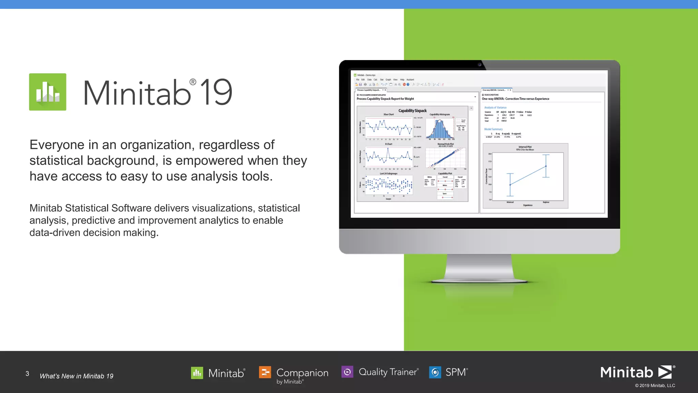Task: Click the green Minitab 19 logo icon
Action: click(x=48, y=92)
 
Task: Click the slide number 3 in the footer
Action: click(x=27, y=374)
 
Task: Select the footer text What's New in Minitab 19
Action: click(x=76, y=376)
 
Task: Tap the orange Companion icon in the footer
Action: click(x=265, y=372)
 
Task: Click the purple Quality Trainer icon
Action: click(x=347, y=372)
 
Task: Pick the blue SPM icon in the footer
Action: click(x=435, y=372)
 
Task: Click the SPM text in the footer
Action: click(x=456, y=372)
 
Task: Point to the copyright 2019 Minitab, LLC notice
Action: click(x=655, y=385)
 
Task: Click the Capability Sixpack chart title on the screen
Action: click(x=412, y=111)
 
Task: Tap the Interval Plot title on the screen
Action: click(x=525, y=147)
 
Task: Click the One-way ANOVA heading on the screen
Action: click(x=515, y=99)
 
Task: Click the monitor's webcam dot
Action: click(x=480, y=64)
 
